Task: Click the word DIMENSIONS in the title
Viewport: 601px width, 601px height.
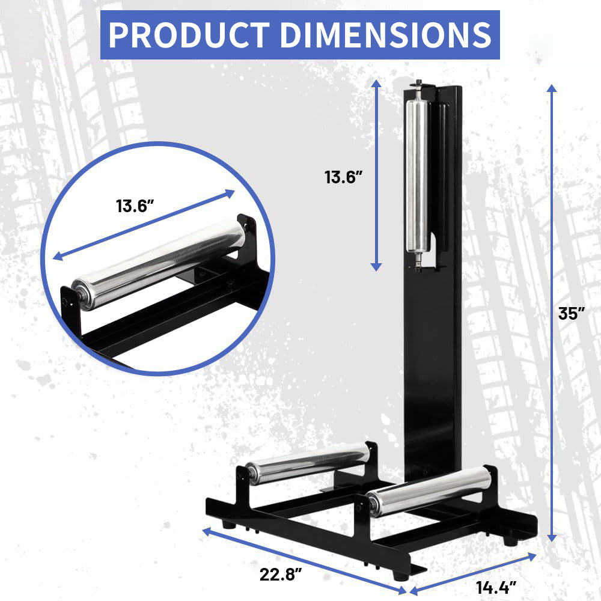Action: pos(385,35)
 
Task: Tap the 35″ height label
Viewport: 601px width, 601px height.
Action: pos(571,314)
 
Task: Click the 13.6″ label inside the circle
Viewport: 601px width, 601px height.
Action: pos(136,206)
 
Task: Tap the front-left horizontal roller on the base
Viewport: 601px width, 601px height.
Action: pos(308,462)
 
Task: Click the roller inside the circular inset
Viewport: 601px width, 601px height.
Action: pos(159,264)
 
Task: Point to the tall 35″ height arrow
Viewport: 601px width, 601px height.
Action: pos(551,313)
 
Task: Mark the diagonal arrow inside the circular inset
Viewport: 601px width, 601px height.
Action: pos(144,225)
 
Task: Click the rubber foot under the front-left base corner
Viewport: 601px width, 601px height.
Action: pos(228,523)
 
